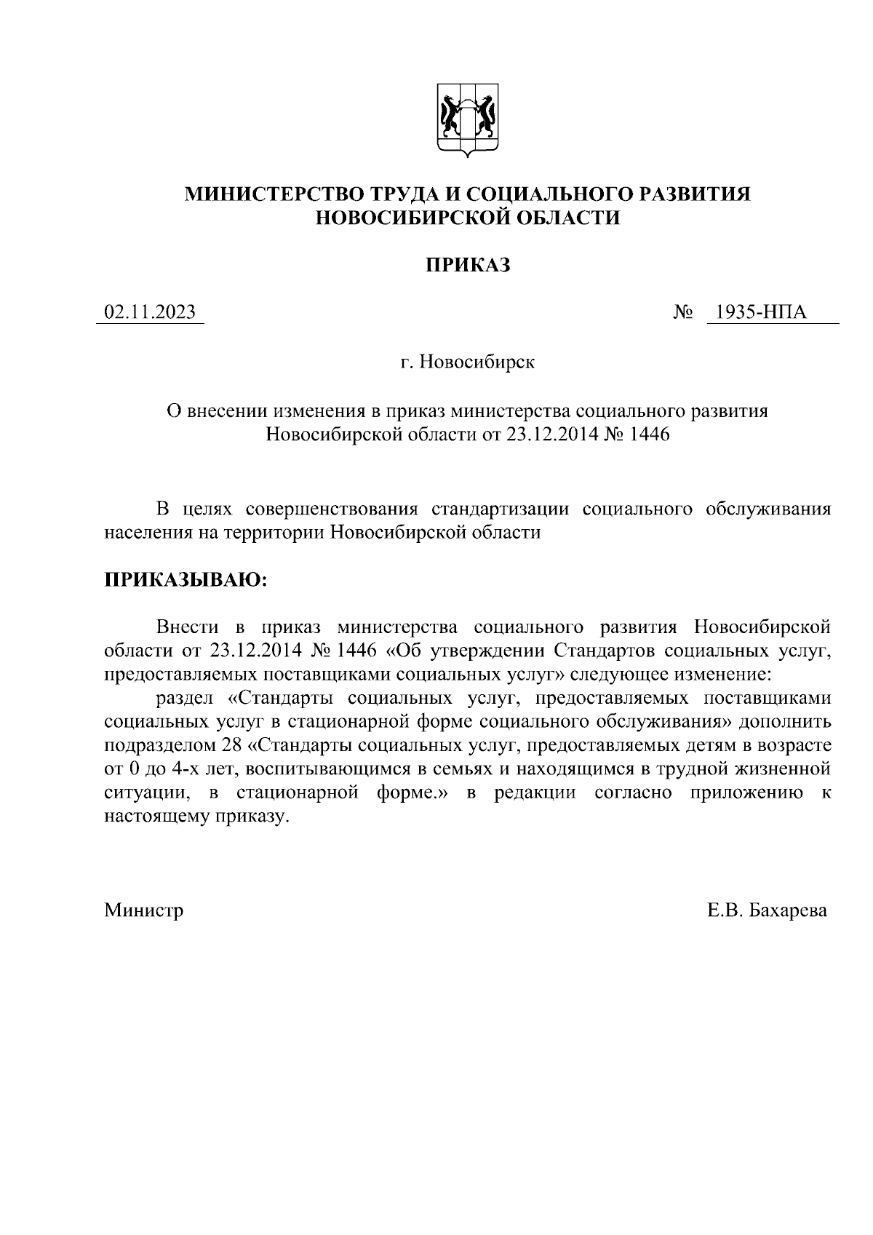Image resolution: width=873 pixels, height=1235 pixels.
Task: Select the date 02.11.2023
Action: (x=150, y=313)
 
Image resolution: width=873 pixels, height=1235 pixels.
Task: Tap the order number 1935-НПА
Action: (x=761, y=313)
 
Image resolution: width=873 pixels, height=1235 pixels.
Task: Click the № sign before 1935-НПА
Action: (x=683, y=313)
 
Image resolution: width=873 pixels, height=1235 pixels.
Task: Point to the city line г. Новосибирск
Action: (x=467, y=362)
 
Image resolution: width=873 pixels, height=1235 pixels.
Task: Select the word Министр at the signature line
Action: (x=143, y=910)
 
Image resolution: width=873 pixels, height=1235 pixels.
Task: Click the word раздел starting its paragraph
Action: (x=184, y=699)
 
